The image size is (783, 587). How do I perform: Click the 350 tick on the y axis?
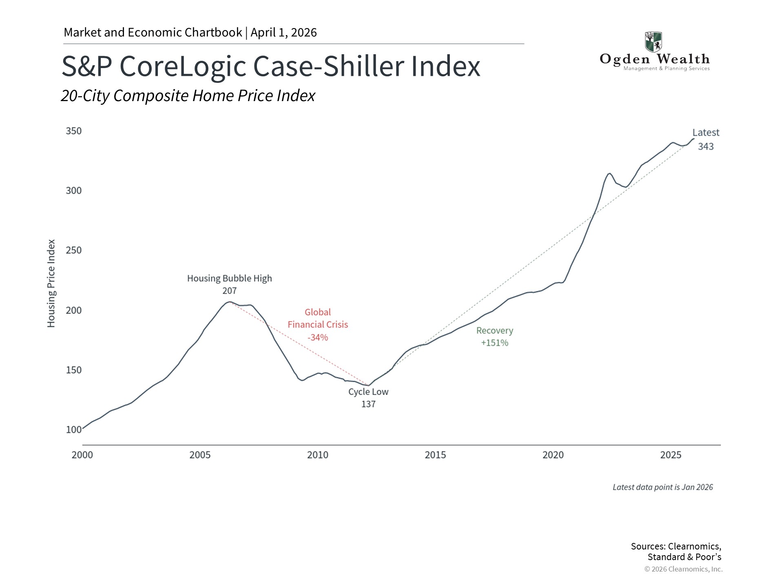(x=74, y=131)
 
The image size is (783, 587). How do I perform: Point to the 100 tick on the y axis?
(x=74, y=430)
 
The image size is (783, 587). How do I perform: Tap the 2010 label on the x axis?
(x=318, y=455)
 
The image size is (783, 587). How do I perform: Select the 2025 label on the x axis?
(x=670, y=455)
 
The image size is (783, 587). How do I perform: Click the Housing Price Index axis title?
(x=51, y=283)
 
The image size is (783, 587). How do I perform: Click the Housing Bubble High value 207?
(x=230, y=291)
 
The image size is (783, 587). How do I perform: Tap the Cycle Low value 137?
(x=368, y=404)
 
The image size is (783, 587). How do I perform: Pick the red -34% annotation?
(x=318, y=338)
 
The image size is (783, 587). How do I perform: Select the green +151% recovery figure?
(x=495, y=343)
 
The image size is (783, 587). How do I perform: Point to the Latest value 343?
(x=706, y=146)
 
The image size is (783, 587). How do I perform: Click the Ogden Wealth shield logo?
(x=653, y=42)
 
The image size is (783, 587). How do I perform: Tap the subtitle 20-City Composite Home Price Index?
(x=188, y=96)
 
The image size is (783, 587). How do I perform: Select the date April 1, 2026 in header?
(x=283, y=33)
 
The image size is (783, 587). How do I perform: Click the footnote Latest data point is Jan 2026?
(x=663, y=487)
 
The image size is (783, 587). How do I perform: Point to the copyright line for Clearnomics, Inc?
(x=683, y=569)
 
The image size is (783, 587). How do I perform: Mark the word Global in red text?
(x=318, y=312)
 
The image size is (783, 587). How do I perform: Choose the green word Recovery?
(x=495, y=331)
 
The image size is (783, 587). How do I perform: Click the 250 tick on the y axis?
(x=74, y=250)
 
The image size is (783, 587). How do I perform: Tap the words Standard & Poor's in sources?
(x=684, y=557)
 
